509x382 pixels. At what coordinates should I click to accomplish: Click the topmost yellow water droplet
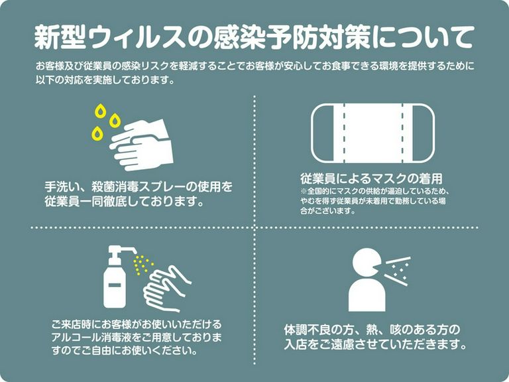(101, 110)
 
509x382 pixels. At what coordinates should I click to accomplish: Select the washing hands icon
(141, 145)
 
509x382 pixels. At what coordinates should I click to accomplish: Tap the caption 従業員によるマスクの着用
(370, 179)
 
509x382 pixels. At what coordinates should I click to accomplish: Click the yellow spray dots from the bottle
(142, 265)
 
